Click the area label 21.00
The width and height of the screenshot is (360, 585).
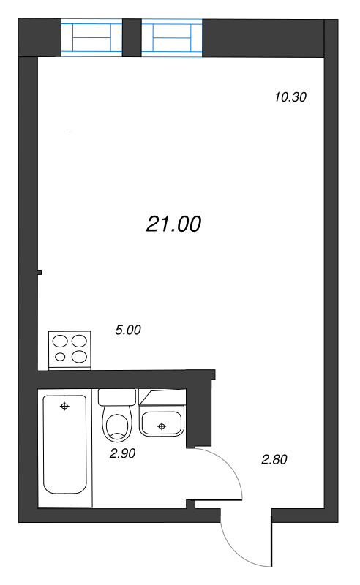coord(173,224)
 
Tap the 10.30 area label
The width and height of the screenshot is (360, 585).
coord(289,97)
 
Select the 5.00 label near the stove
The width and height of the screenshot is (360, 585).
coord(128,331)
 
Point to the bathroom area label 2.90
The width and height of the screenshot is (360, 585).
coord(123,453)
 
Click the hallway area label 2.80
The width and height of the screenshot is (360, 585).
coord(274,460)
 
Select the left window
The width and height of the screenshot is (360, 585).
coord(91,37)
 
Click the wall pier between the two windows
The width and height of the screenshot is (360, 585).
coord(132,37)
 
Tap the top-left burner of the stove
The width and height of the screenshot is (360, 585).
coord(60,341)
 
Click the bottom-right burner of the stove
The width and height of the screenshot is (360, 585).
coord(80,357)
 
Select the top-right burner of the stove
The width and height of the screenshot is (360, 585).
coord(80,341)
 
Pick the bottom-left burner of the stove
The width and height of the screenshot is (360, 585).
coord(60,357)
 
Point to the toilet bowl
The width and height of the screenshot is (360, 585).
coord(117,426)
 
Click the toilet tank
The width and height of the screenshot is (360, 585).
coord(117,398)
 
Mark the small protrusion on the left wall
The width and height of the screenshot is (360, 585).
coord(40,273)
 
